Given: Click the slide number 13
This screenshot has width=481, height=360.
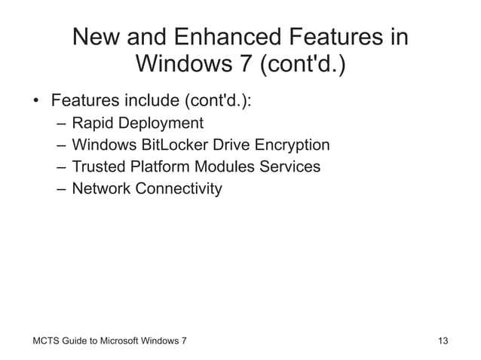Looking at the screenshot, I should click(x=443, y=341).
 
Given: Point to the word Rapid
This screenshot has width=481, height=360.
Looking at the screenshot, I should click(x=92, y=123).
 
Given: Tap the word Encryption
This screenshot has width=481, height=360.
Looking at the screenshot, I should click(x=291, y=145).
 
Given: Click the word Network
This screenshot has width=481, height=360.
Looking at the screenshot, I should click(x=101, y=188).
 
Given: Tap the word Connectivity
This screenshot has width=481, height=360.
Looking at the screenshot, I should click(x=179, y=188).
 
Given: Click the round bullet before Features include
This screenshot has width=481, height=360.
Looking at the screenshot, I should click(x=35, y=102).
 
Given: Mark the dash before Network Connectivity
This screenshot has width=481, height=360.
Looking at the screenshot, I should click(x=60, y=188).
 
